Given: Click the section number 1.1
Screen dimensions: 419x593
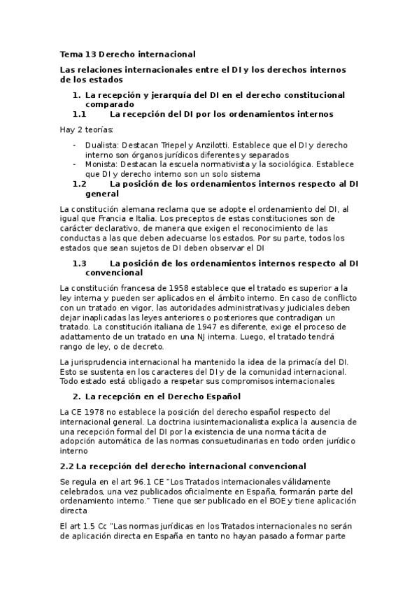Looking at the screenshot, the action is pyautogui.click(x=79, y=113).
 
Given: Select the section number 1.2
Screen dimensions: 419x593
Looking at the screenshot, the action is pyautogui.click(x=79, y=184).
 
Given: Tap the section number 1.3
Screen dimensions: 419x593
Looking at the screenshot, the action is pyautogui.click(x=79, y=264).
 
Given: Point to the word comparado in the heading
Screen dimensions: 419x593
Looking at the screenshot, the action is pyautogui.click(x=110, y=103).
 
